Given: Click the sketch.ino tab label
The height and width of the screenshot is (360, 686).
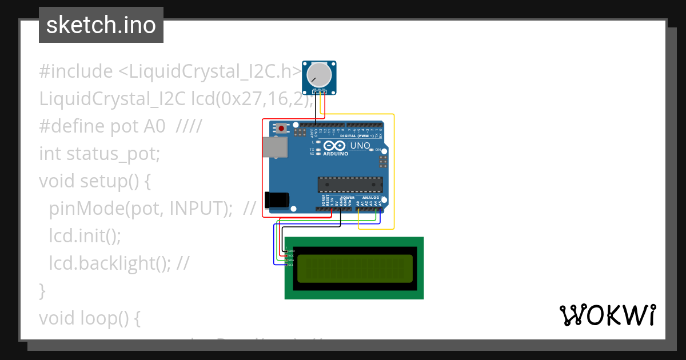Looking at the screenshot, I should [101, 25].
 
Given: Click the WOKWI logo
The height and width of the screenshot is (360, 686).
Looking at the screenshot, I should [607, 315].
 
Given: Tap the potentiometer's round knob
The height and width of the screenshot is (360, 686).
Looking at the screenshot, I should [318, 75].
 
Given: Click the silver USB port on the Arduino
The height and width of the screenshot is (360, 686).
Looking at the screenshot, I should [275, 147].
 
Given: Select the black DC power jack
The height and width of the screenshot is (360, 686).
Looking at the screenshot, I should [277, 200].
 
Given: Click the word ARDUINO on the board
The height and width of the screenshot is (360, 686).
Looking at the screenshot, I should [336, 154].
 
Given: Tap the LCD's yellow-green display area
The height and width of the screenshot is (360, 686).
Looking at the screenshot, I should [354, 269].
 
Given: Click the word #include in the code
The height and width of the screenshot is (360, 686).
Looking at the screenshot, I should [76, 71].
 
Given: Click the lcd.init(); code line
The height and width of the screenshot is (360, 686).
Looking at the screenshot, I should [85, 235].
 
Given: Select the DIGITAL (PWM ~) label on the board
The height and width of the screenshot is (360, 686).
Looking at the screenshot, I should [357, 136].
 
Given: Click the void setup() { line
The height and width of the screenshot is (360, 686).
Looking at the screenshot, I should [94, 181].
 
